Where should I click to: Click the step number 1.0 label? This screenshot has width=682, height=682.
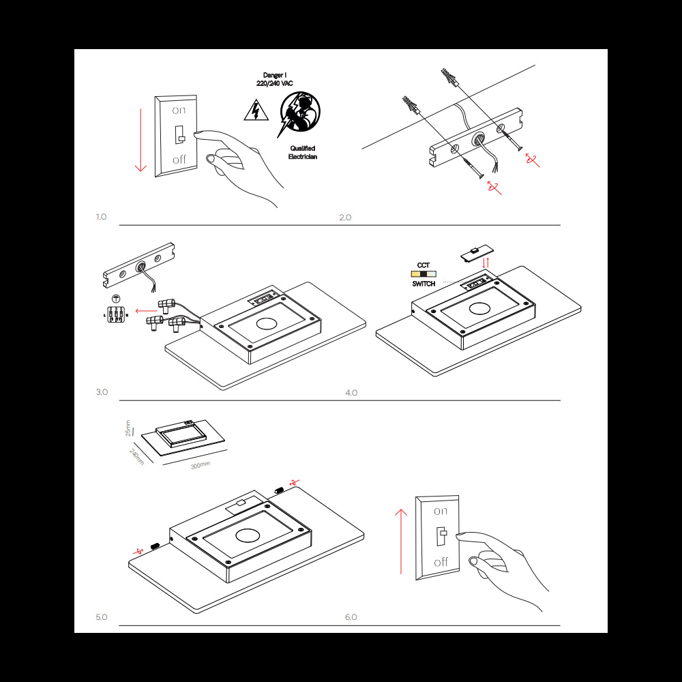point(101,217)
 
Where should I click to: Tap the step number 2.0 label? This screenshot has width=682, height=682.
point(345,218)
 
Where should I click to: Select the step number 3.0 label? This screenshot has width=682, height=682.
point(102,392)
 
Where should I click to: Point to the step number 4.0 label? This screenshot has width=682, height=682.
point(351,393)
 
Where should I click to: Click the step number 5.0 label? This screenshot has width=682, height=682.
point(102,617)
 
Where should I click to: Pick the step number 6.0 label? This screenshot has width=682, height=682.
point(351,617)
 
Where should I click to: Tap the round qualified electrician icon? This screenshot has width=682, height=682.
point(300,112)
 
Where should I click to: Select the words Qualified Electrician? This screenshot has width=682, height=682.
point(302,152)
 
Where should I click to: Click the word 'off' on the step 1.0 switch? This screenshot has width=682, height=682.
point(179,160)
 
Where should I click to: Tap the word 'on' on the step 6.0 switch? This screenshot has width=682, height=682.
point(441,511)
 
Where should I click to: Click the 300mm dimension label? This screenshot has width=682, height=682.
point(200,464)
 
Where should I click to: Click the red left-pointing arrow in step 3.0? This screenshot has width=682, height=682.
point(145,310)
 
